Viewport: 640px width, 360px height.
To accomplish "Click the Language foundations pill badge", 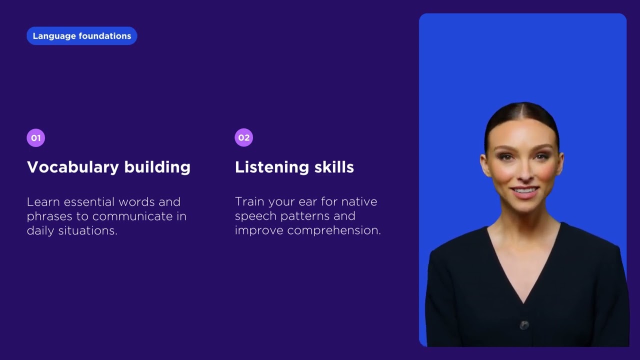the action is point(81,35).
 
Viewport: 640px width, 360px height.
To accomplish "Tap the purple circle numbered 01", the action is point(35,137).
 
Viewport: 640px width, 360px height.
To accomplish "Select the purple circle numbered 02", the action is point(243,137).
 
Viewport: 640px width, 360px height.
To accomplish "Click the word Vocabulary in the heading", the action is point(73,167).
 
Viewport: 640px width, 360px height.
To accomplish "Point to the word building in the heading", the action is point(157,167).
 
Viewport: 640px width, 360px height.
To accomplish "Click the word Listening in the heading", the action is point(271,167).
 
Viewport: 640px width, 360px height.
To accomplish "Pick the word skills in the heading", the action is point(334,167).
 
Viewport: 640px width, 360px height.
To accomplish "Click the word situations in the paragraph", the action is point(87,230).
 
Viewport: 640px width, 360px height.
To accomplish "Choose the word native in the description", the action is point(359,201).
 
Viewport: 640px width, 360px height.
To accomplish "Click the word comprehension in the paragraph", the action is point(334,231).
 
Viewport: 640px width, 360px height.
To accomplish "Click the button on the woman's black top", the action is point(524,325).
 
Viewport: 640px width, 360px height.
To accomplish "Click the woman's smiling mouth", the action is point(524,191).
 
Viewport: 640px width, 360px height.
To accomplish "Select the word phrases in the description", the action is point(49,216).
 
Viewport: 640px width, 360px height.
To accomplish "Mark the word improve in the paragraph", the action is point(259,230).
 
